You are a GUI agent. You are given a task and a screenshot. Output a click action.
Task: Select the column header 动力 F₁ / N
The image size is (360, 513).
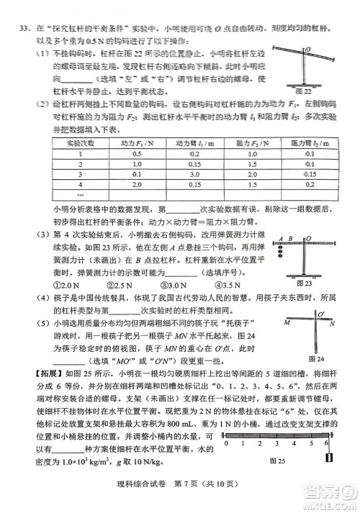point(137,142)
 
